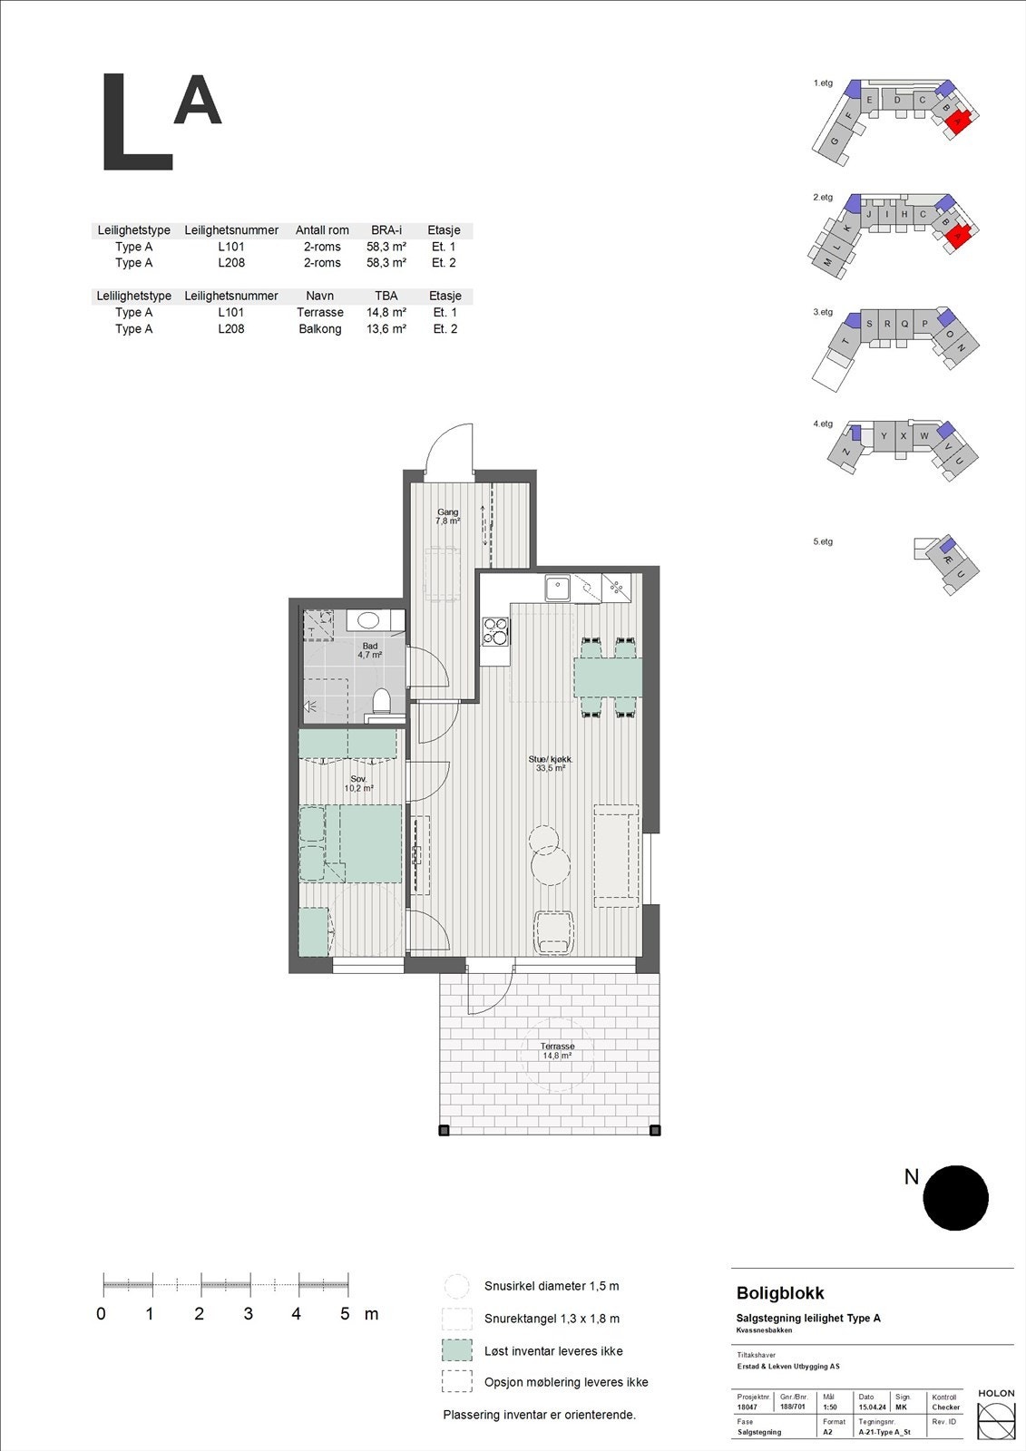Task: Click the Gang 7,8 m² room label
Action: (447, 517)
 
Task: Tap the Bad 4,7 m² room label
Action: (369, 650)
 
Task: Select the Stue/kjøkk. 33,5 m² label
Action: (551, 764)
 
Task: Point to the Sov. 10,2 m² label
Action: (358, 784)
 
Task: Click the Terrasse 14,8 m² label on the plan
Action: (557, 1051)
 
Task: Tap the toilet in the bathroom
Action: (382, 702)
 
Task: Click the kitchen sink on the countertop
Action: (556, 589)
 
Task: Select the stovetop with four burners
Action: (495, 630)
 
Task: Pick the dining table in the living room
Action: (608, 677)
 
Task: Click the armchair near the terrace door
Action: (553, 933)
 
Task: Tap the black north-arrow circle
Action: (955, 1198)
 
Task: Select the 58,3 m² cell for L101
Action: (386, 247)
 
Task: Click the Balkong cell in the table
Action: (320, 329)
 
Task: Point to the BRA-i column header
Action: (386, 230)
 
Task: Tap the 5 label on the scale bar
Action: (345, 1314)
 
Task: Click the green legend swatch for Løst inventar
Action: (457, 1350)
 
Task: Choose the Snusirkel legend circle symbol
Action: (457, 1286)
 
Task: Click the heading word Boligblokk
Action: (780, 1293)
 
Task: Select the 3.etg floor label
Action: (823, 312)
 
